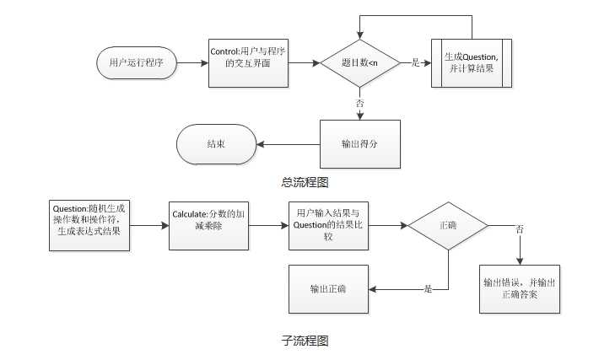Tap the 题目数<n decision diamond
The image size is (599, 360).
359,63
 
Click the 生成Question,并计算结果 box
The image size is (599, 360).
472,62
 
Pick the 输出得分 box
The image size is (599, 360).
359,143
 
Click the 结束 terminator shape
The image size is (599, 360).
216,143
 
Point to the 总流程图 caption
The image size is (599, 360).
304,181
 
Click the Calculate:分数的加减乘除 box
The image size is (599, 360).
209,225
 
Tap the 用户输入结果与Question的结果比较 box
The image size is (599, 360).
330,225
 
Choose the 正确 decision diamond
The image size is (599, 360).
448,226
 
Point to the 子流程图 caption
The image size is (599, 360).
305,341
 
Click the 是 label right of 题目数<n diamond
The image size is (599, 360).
414,63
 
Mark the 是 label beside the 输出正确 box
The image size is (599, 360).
428,289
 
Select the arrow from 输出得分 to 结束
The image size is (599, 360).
288,143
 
